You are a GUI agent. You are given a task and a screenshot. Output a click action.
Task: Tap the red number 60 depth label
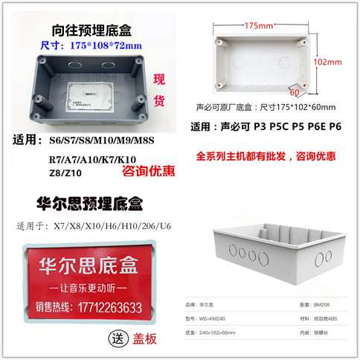click(x=294, y=93)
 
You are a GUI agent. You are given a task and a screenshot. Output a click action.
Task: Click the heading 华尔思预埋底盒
click(x=89, y=202)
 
